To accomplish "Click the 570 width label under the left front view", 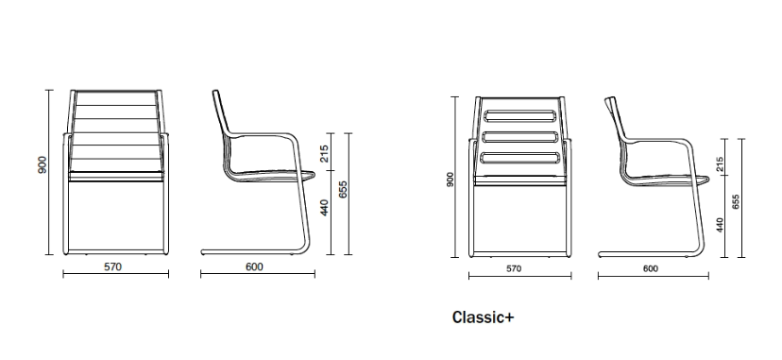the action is (112, 266).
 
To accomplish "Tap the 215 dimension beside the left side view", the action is (324, 154).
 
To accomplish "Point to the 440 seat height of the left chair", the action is (324, 208).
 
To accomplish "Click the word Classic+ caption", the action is (484, 317).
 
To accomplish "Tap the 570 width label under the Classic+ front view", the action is (513, 269).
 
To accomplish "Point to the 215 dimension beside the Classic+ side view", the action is (720, 165).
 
